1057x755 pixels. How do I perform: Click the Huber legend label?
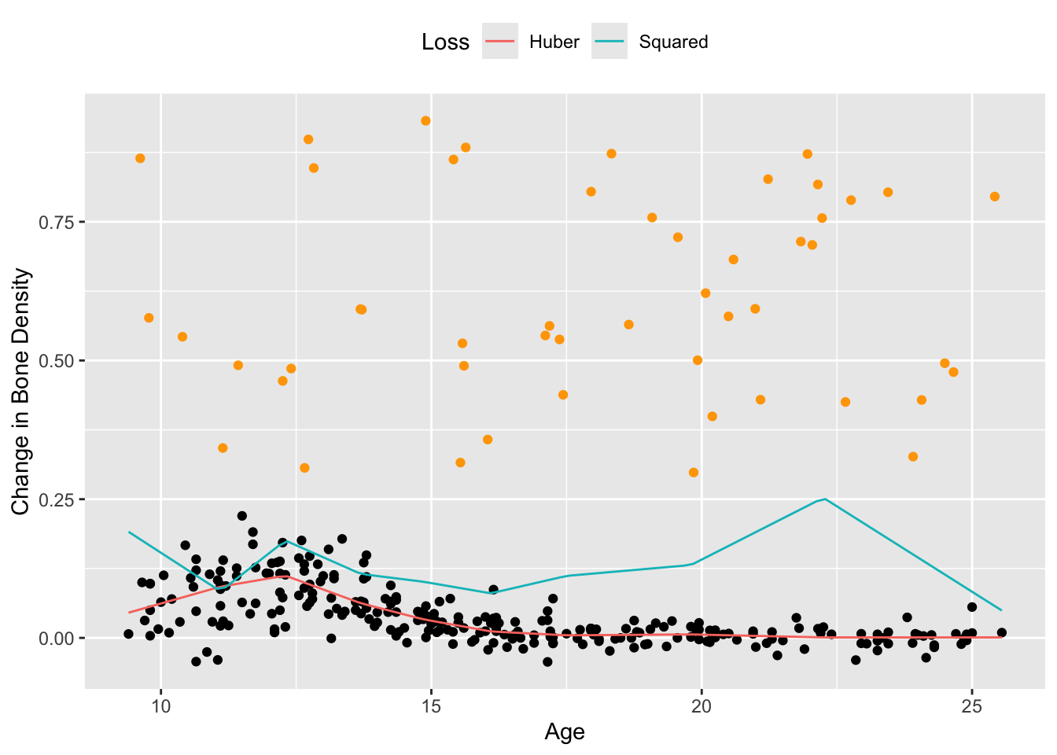click(x=554, y=42)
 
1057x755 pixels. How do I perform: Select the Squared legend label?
click(x=673, y=42)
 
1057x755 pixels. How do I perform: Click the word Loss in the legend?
click(x=445, y=42)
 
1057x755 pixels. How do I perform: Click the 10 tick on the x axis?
click(x=160, y=705)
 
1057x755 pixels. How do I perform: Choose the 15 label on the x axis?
click(x=431, y=705)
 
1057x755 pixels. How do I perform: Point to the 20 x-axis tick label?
click(x=702, y=705)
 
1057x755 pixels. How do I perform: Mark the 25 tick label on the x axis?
click(x=972, y=705)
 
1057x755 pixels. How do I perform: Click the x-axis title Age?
click(x=565, y=732)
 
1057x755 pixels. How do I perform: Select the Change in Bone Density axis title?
click(x=21, y=392)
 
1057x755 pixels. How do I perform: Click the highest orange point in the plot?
click(x=425, y=120)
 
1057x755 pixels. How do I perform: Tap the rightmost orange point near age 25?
click(x=995, y=197)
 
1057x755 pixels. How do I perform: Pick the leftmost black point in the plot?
click(x=128, y=634)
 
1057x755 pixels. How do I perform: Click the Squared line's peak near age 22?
click(x=824, y=499)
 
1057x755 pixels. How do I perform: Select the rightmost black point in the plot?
click(x=1001, y=632)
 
